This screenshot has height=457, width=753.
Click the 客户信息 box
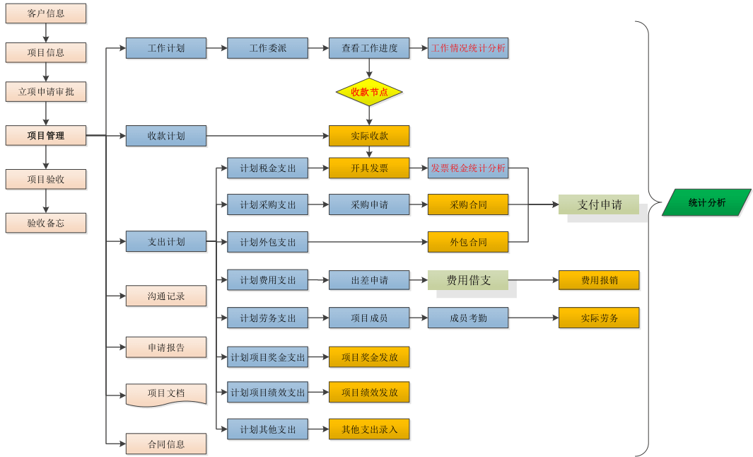coord(46,13)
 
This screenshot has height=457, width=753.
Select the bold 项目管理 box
coord(46,135)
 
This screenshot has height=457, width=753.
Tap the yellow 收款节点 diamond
coord(369,92)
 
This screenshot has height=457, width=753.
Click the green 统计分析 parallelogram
coord(706,202)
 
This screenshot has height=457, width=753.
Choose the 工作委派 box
coord(267,48)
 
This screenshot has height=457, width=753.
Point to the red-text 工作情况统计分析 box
coord(468,48)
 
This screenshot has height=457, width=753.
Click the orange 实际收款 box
coord(369,135)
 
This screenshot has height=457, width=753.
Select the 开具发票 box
coord(369,168)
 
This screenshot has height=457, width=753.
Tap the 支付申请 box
coord(599,204)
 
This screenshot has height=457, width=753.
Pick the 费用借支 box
coord(468,280)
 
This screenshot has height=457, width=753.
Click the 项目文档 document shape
coord(166,393)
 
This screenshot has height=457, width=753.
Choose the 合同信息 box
coord(166,444)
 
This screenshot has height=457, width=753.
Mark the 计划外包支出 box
coord(267,242)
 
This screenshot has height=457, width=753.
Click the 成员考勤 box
coord(468,318)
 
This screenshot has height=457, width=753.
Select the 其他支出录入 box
coord(369,429)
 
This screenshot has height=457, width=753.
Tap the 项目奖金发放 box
coord(369,357)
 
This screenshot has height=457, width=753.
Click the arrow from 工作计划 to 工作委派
coord(216,48)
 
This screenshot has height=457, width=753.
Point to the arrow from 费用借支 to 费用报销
coord(533,280)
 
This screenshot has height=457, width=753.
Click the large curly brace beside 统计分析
coord(644,238)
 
